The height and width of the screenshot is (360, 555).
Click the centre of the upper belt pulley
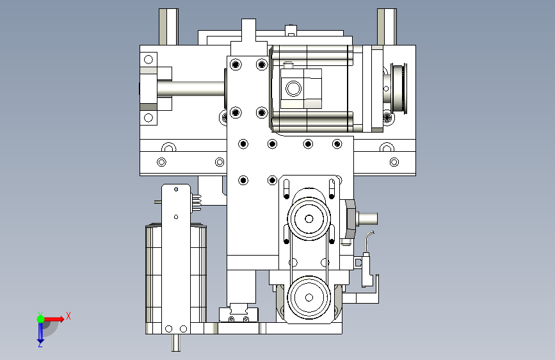(309, 219)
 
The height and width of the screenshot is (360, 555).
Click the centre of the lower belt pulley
(309, 297)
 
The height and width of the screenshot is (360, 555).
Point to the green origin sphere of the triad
(40, 318)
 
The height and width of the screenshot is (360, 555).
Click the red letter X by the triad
(68, 316)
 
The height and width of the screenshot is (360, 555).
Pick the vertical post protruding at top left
(168, 26)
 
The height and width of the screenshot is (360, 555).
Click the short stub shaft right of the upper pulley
(367, 218)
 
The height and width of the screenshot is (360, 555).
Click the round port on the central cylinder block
(294, 88)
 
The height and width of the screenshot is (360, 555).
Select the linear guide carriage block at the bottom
(238, 315)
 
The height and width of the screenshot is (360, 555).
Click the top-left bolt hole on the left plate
(149, 60)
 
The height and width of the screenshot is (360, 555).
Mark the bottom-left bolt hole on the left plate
(149, 118)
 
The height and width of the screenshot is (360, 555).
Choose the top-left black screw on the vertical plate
(236, 65)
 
